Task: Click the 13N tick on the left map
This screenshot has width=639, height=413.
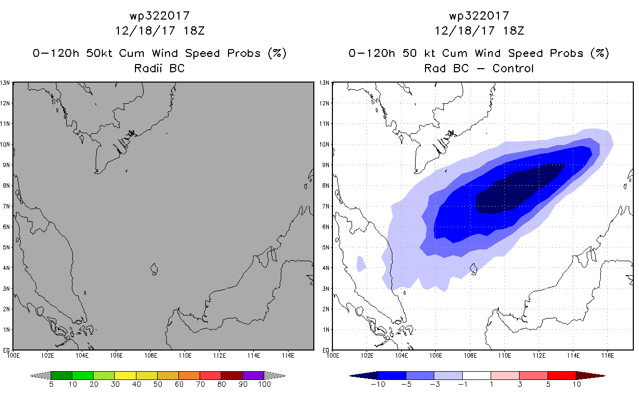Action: coord(5,83)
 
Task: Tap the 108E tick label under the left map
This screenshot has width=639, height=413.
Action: coord(150,356)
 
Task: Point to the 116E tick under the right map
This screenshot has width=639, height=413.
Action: coord(607,356)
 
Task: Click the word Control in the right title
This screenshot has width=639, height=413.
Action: coord(513,69)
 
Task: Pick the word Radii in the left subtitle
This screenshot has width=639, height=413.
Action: coord(148,69)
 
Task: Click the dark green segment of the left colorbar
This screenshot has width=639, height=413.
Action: coord(62,375)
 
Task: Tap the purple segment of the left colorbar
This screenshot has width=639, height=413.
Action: coord(253,375)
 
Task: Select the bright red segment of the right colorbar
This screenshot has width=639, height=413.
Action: coord(562,375)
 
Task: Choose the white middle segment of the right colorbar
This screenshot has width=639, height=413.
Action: coord(477,375)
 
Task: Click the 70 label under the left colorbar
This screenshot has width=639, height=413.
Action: coord(200,385)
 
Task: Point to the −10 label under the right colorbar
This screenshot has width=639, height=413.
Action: coord(378,385)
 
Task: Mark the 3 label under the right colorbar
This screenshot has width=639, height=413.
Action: coord(520,385)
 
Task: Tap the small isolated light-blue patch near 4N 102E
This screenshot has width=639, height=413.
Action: coord(361,264)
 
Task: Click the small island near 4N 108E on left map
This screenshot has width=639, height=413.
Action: coord(154,269)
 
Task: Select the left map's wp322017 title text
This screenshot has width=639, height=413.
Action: coord(160,16)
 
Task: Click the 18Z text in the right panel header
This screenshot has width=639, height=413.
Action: coord(513,31)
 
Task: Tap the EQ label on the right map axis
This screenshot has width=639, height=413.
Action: coord(326,350)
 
